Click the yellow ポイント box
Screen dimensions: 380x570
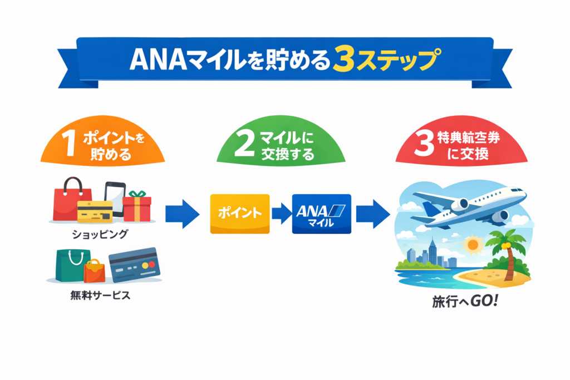[239, 214]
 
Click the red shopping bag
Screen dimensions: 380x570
[71, 200]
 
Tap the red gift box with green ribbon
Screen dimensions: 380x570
[137, 206]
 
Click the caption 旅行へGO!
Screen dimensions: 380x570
[456, 303]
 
